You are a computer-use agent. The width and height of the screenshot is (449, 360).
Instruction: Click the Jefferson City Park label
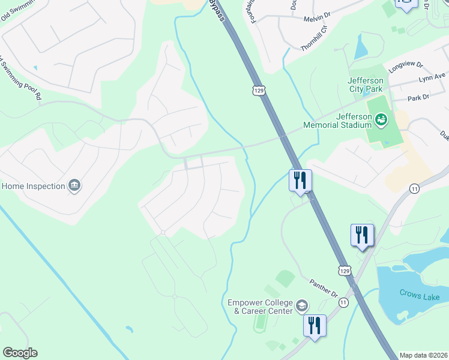coord(365,85)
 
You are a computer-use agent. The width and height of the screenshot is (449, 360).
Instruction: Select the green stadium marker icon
coord(381,121)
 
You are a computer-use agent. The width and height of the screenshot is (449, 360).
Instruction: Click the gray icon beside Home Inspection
coord(74,186)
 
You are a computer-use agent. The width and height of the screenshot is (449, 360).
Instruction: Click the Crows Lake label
coord(420,294)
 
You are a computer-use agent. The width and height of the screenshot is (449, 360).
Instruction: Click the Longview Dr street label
coord(406,66)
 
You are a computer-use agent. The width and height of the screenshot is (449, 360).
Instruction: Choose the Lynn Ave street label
coord(432,77)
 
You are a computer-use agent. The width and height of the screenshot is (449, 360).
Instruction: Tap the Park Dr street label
coord(418,97)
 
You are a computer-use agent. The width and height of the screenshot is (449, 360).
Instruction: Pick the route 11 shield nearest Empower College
coord(343,304)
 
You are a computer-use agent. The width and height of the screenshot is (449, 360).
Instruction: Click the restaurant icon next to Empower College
coord(315,326)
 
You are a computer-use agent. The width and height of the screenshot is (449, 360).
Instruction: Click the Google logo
coord(20,353)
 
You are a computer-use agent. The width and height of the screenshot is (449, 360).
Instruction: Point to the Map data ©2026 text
coord(423,355)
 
